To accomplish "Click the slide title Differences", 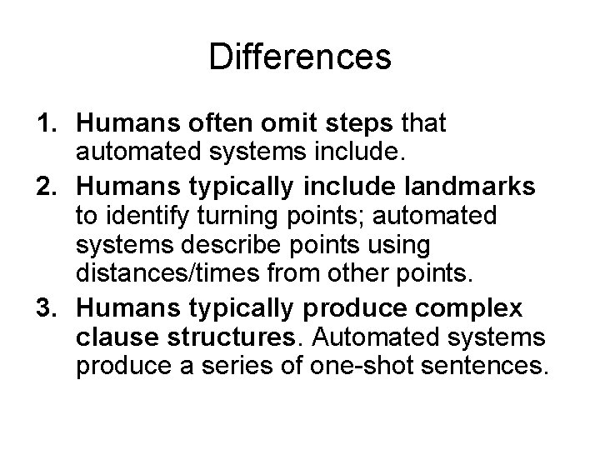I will [x=300, y=57].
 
